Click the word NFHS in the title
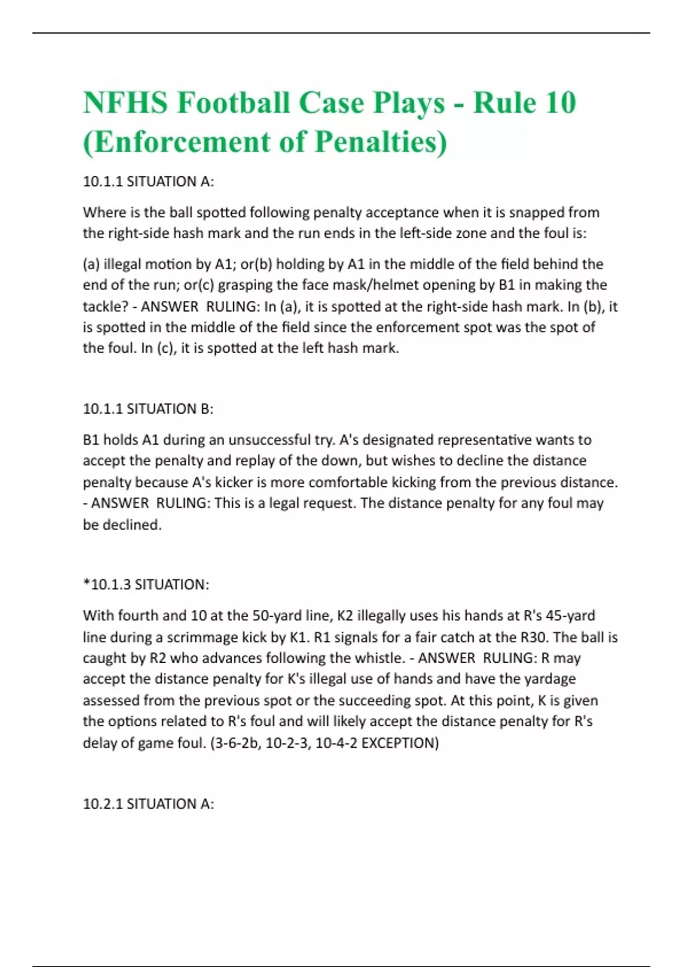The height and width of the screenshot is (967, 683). point(125,103)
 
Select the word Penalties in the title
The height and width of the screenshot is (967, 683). point(381,142)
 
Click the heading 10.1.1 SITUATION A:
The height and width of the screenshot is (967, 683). point(149,181)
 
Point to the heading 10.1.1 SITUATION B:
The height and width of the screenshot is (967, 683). point(149,409)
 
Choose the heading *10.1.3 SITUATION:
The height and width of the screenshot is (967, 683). point(146,585)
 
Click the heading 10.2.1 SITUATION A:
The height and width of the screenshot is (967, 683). point(149,804)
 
